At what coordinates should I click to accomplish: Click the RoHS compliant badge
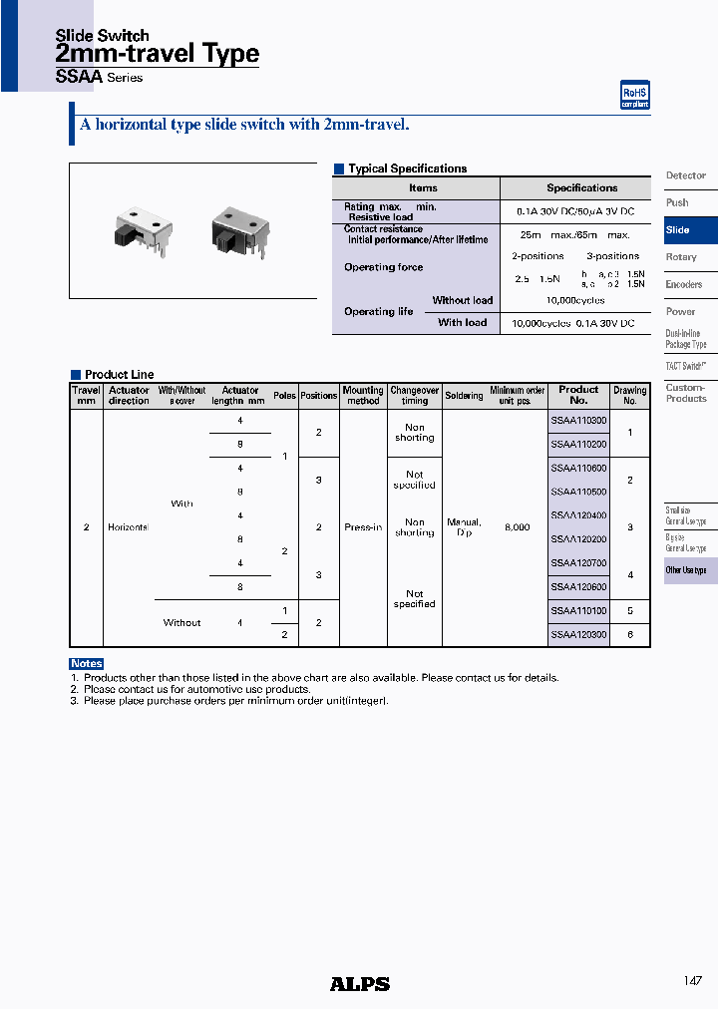click(635, 95)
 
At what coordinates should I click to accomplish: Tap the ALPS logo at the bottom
click(359, 984)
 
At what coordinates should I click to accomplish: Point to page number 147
click(693, 981)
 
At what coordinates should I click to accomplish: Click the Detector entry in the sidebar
click(686, 175)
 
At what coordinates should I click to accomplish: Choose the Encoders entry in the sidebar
click(684, 284)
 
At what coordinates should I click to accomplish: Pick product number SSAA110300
click(578, 421)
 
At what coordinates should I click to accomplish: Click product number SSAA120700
click(578, 563)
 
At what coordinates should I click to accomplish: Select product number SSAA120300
click(578, 634)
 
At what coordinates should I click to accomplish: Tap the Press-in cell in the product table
click(362, 527)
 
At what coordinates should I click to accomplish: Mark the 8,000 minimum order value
click(517, 527)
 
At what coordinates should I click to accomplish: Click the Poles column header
click(284, 396)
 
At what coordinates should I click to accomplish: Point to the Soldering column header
click(464, 396)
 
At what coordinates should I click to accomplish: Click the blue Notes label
click(87, 664)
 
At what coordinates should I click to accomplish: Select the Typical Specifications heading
click(407, 169)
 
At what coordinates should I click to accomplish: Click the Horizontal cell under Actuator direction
click(128, 527)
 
